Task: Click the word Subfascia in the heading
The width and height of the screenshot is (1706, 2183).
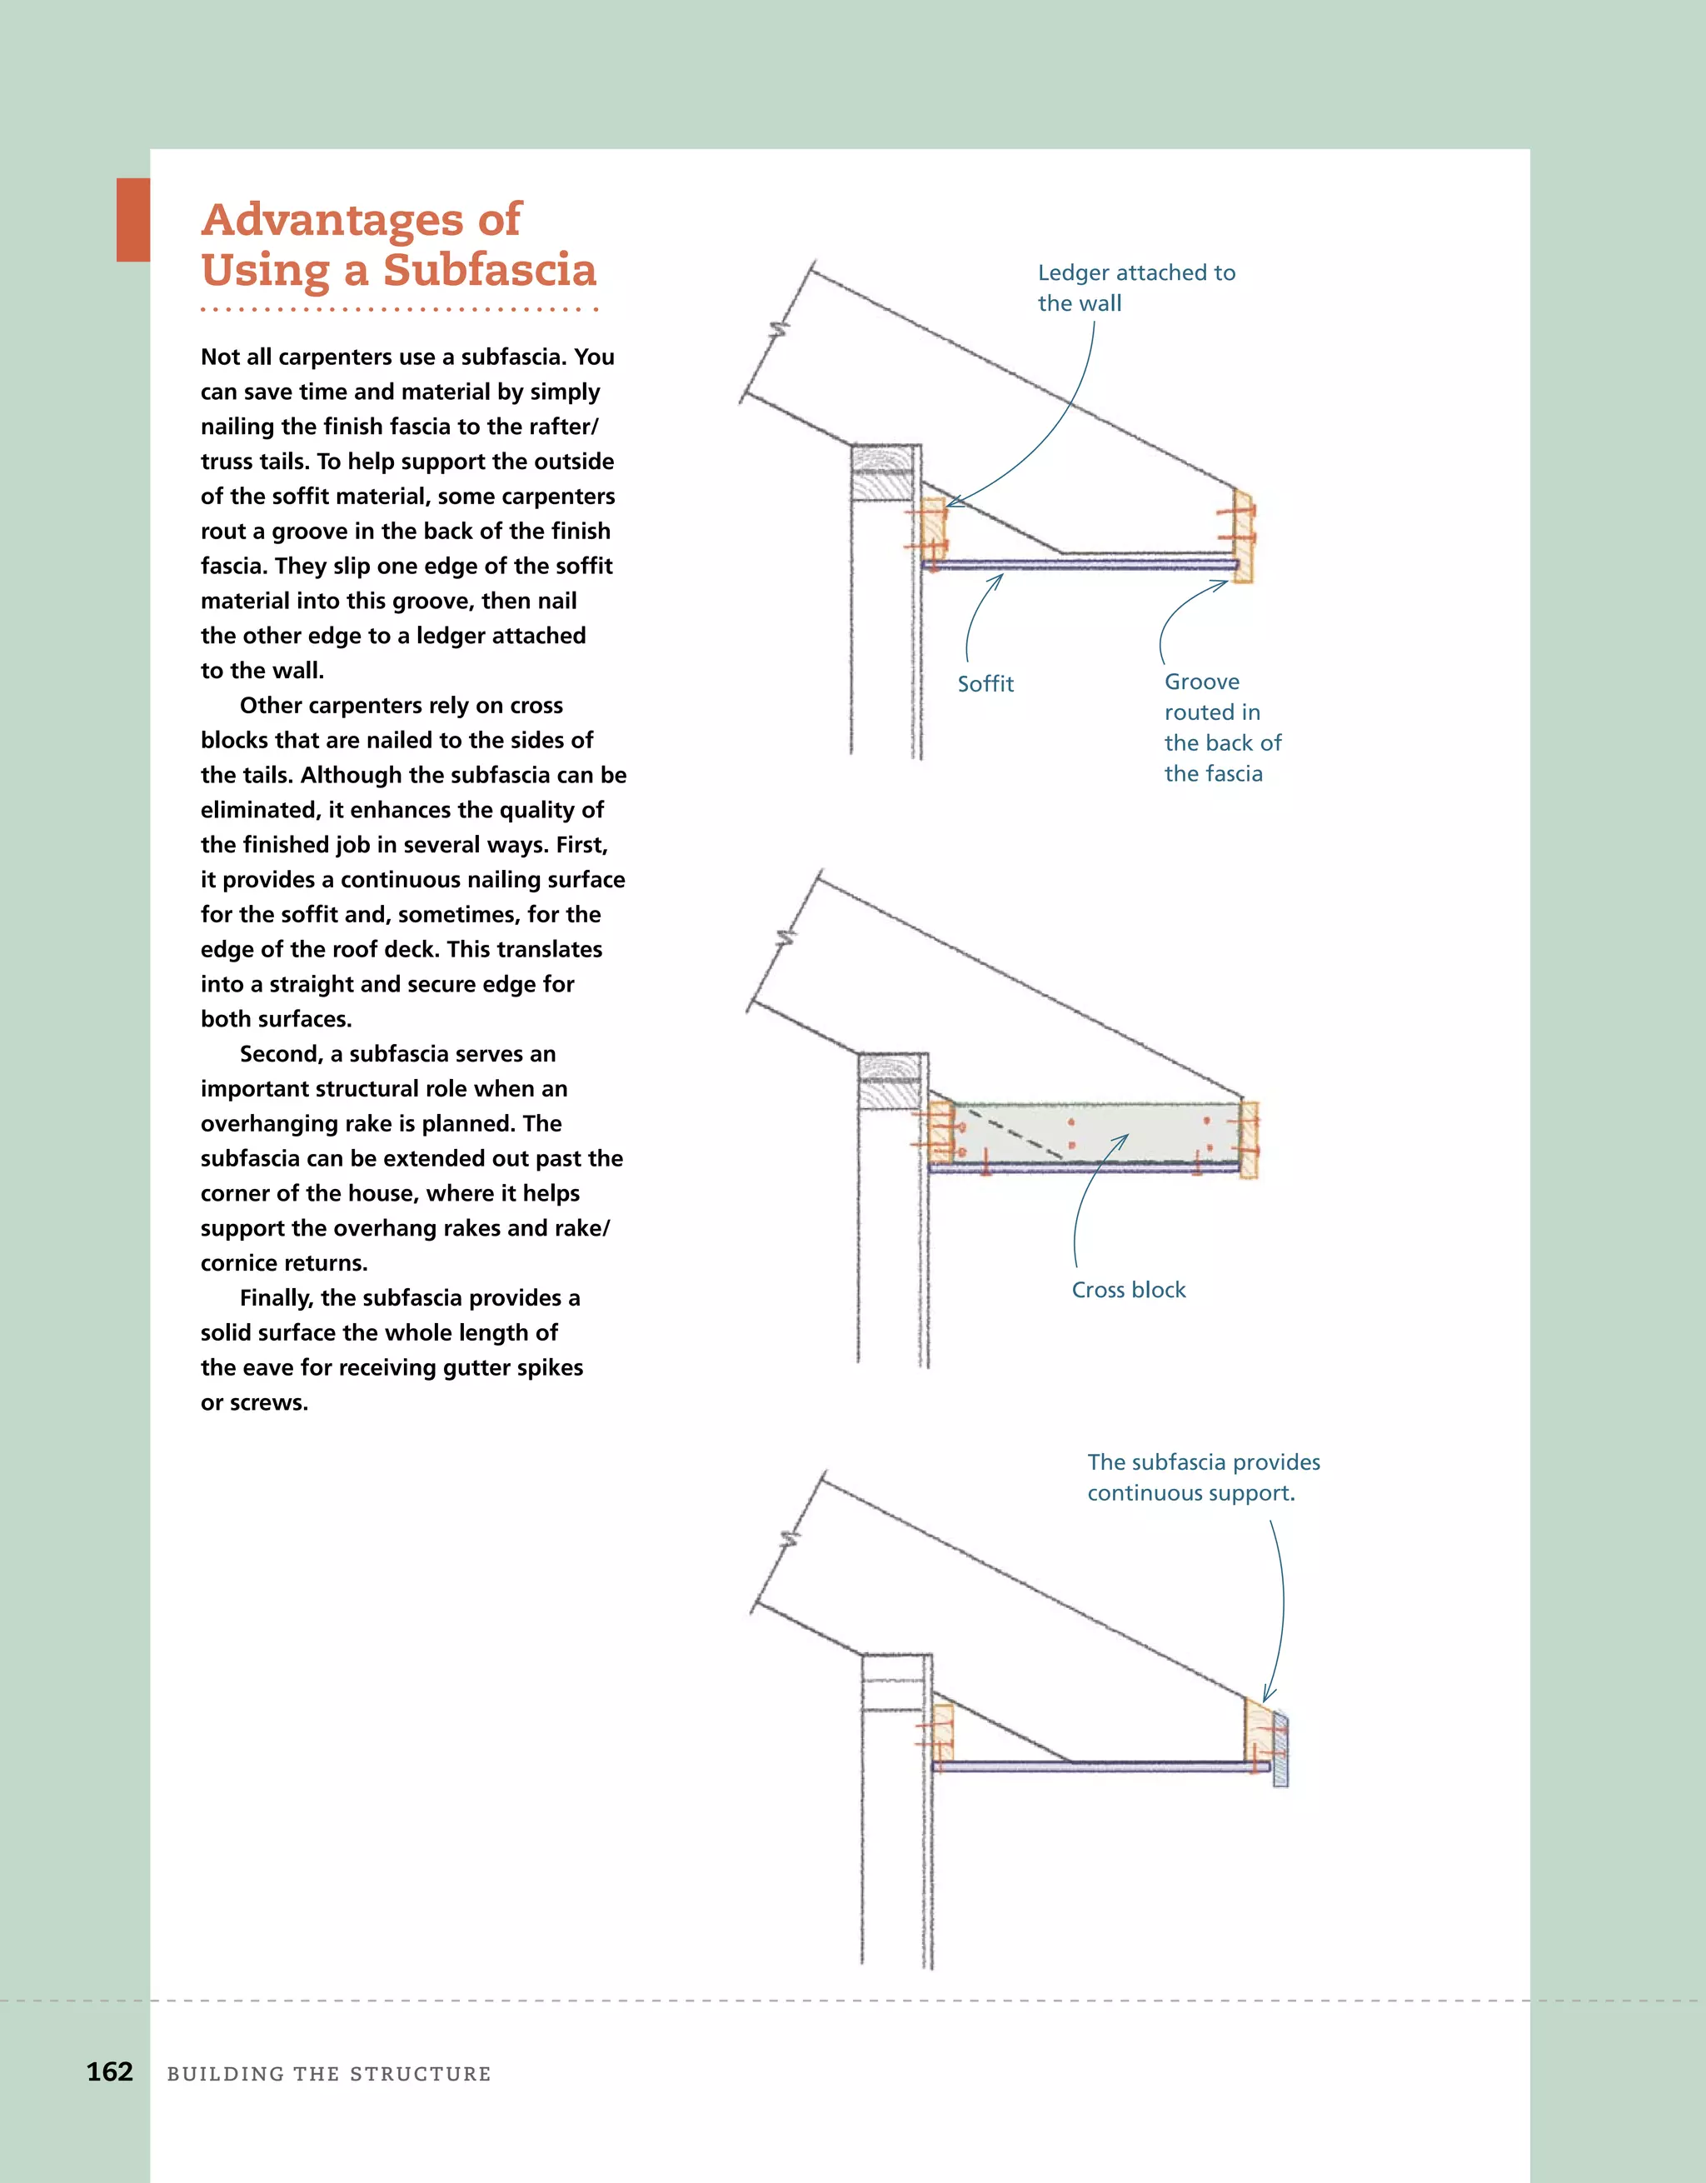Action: click(489, 270)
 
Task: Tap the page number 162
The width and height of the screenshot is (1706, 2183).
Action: click(110, 2071)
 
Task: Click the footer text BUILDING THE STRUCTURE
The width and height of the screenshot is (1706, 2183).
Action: click(329, 2074)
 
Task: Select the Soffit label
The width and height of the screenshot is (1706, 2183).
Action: click(985, 684)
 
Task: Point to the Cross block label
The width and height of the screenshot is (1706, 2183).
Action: click(1129, 1290)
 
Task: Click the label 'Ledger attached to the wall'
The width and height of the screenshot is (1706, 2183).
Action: click(1135, 287)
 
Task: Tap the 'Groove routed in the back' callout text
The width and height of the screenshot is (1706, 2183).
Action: click(1220, 727)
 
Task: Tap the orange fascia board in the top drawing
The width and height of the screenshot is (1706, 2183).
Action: click(1244, 534)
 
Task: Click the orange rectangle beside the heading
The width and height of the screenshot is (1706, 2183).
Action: click(133, 220)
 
